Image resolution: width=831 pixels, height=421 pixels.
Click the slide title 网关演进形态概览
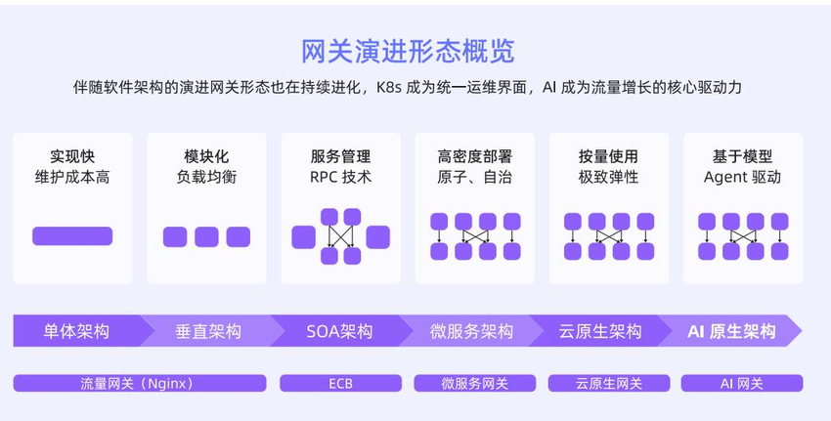coord(409,51)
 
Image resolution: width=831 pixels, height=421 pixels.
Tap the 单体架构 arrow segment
coord(76,331)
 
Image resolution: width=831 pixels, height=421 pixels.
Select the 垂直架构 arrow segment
coord(207,331)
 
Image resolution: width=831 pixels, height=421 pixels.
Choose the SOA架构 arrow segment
coord(339,331)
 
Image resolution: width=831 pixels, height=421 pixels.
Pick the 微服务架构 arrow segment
coord(471,331)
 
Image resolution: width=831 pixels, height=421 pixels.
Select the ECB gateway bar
coord(339,383)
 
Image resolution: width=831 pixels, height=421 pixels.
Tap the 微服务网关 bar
coord(474,383)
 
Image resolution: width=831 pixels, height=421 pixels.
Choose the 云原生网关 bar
coord(608,383)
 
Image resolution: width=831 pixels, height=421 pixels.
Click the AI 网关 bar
coord(741,383)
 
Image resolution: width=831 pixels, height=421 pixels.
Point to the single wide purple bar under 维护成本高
coord(72,236)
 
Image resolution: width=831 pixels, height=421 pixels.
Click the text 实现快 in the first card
coord(72,156)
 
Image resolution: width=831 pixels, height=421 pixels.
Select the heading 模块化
coord(206,156)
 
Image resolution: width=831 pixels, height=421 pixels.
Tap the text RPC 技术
coord(340,178)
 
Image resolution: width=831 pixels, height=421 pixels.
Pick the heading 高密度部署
coord(474,156)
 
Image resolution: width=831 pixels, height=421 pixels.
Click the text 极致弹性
coord(608,178)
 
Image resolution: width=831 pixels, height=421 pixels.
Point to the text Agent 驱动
coord(742,178)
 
